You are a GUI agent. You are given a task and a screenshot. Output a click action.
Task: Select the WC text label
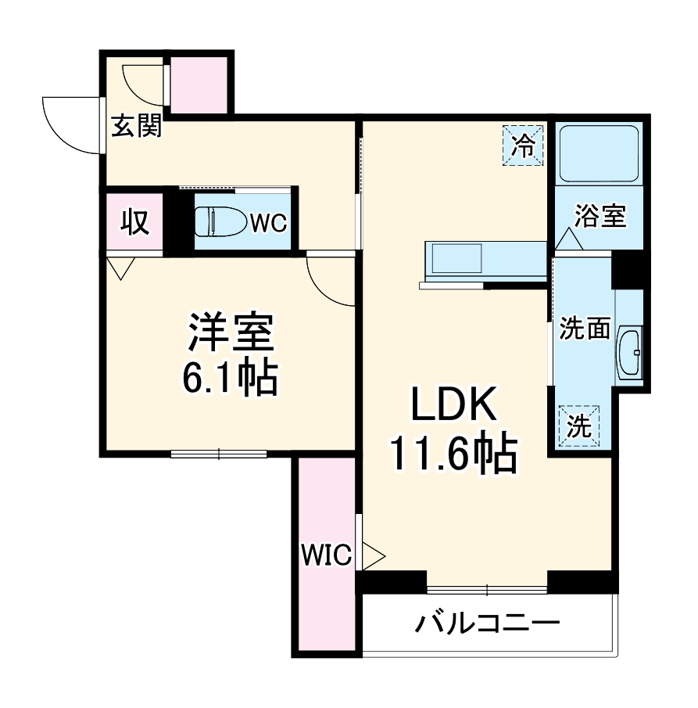pyautogui.click(x=268, y=222)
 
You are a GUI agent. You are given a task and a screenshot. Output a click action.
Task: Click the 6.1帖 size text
pyautogui.click(x=230, y=378)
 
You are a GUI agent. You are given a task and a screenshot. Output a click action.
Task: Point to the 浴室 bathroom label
pyautogui.click(x=600, y=216)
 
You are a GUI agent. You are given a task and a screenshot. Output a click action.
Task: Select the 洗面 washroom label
pyautogui.click(x=584, y=329)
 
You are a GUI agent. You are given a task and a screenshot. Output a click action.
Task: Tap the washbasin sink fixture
pyautogui.click(x=630, y=354)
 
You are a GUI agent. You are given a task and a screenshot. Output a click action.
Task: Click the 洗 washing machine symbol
pyautogui.click(x=579, y=426)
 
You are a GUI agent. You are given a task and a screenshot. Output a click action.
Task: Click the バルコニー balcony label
pyautogui.click(x=488, y=624)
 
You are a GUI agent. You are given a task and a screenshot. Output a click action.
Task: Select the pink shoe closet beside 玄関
pyautogui.click(x=199, y=81)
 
